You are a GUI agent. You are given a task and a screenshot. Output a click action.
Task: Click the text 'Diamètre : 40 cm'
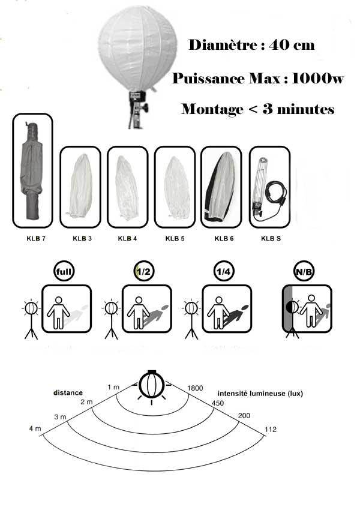(251, 45)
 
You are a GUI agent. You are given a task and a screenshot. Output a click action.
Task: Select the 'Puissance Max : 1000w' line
(257, 79)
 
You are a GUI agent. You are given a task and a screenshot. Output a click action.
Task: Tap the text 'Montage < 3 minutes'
(257, 109)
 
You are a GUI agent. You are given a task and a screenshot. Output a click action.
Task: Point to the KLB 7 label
(32, 238)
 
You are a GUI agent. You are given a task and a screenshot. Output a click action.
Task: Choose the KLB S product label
(271, 238)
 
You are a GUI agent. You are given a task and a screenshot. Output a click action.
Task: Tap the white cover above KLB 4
(127, 187)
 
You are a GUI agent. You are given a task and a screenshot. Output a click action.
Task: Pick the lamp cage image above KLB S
(264, 186)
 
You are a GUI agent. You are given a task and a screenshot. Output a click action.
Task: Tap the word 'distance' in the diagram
(67, 393)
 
